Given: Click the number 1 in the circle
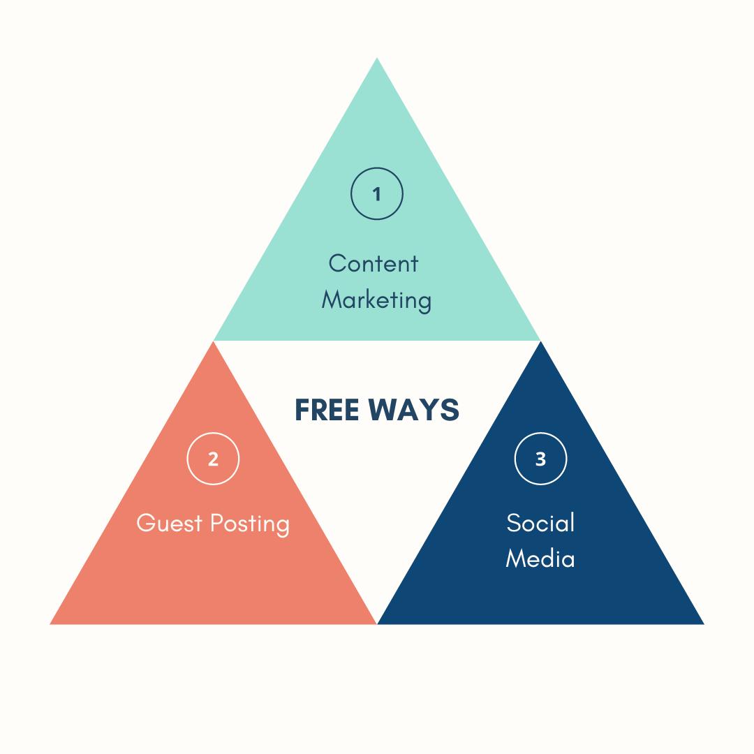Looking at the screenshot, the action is point(377,194).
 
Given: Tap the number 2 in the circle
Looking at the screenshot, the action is point(213,459).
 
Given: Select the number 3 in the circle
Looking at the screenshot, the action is point(540,459).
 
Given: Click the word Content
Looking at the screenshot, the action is point(374,264).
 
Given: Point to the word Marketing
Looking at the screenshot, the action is point(377,300).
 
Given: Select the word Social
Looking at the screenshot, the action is point(540,523).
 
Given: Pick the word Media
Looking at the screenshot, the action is point(540,559).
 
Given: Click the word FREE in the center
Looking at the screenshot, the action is point(327,410).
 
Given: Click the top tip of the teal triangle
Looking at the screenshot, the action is point(377,59).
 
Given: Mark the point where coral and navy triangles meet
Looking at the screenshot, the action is point(377,623).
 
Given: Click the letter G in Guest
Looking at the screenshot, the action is point(146,523).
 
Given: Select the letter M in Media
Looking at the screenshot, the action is point(515,559).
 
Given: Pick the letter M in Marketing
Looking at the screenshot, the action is point(331,300).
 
